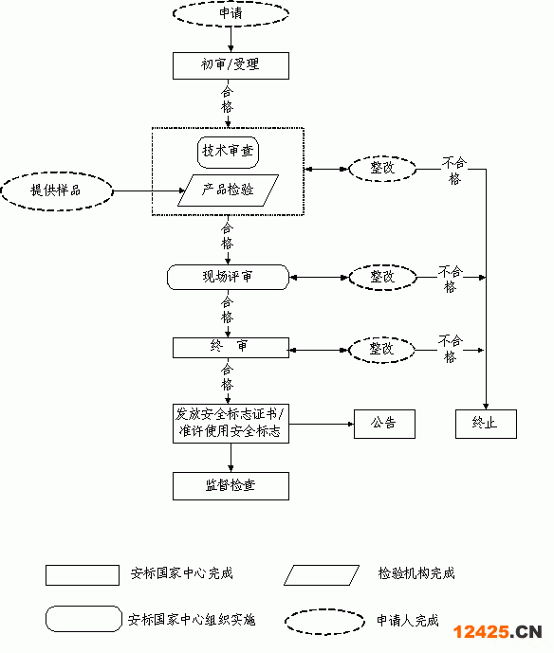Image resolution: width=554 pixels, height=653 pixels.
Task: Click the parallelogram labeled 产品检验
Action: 228,190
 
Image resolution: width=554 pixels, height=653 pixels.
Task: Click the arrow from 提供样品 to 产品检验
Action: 149,191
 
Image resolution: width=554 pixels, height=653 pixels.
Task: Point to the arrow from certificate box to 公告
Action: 322,424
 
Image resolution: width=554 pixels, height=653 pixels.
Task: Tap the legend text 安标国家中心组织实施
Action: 192,620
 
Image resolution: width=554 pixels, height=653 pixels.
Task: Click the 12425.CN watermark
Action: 498,632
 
